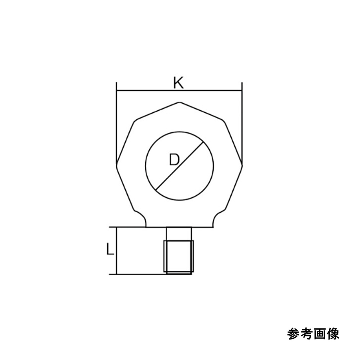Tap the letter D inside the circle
[x=174, y=160]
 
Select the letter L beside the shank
[x=110, y=250]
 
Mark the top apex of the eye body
[x=179, y=103]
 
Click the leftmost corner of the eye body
[x=116, y=163]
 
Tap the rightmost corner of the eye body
[x=242, y=163]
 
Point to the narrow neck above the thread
[x=178, y=234]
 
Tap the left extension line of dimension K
[x=116, y=120]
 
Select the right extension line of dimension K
[x=242, y=120]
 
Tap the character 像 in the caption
[x=333, y=334]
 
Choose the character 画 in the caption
[x=320, y=334]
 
